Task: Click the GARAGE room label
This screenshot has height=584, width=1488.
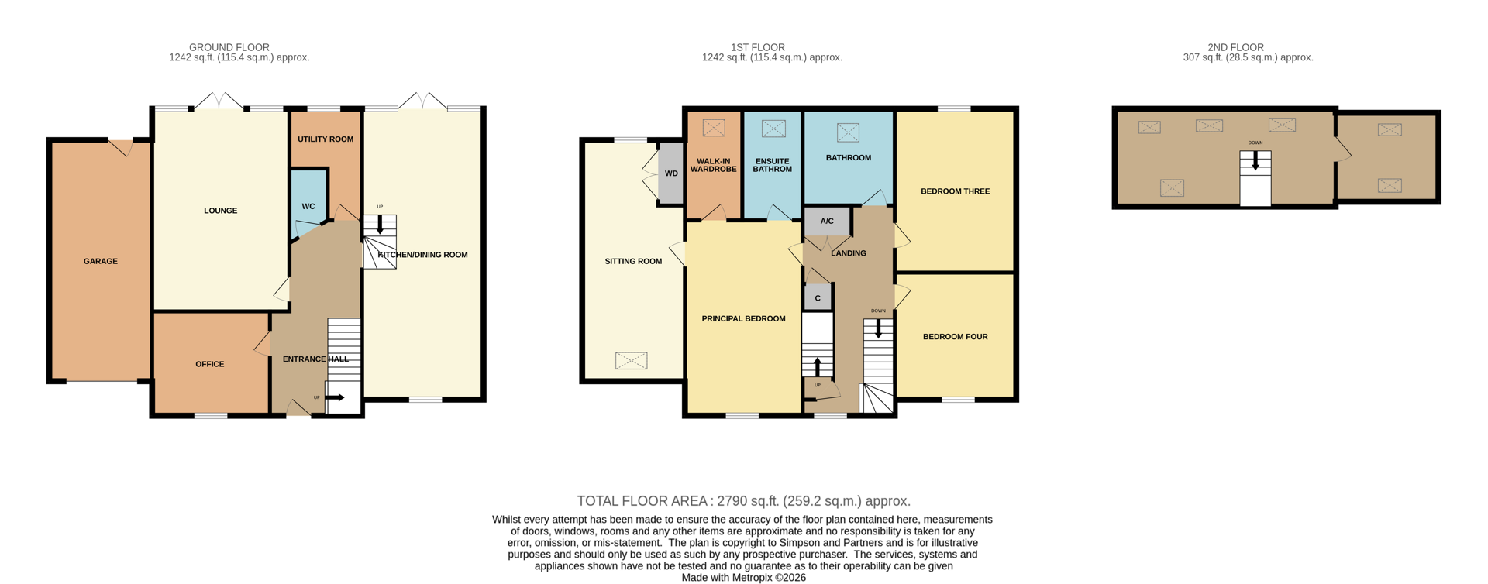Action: click(101, 261)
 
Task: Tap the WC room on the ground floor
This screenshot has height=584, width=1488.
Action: click(308, 206)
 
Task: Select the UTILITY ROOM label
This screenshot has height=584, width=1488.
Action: click(325, 139)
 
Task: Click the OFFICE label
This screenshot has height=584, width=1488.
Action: click(210, 364)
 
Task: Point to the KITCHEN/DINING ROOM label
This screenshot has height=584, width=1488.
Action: click(423, 255)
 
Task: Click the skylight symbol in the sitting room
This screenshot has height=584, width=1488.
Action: click(631, 360)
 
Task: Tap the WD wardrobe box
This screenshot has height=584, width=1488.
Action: click(671, 173)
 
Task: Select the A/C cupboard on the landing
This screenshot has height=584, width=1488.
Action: click(827, 222)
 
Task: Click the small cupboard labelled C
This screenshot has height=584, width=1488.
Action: click(818, 298)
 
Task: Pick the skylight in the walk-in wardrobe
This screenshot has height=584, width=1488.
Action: click(714, 127)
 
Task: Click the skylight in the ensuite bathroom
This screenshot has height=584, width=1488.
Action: click(773, 129)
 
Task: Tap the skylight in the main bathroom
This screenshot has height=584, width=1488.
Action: click(848, 132)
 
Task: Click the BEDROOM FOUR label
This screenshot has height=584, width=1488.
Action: click(955, 337)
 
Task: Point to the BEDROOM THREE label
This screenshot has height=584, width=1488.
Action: click(955, 191)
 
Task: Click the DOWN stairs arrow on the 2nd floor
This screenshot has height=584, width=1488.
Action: click(1255, 161)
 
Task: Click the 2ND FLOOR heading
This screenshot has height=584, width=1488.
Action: click(1235, 48)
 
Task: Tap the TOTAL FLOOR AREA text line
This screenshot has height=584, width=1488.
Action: click(743, 501)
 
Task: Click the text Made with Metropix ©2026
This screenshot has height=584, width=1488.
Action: click(743, 578)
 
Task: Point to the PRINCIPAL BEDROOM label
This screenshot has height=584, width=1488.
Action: click(743, 318)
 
